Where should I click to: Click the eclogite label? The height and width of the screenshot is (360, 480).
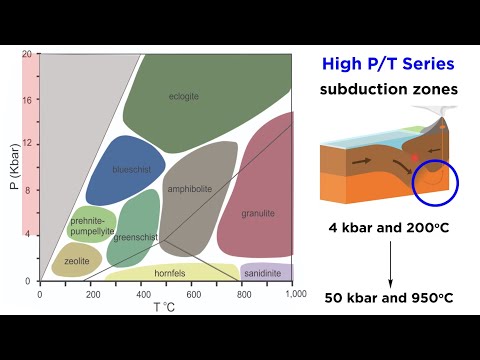click(x=184, y=97)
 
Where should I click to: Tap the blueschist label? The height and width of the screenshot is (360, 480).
click(x=132, y=169)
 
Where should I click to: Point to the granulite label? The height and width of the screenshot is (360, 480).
click(x=259, y=213)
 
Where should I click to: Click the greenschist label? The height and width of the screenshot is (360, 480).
click(x=133, y=238)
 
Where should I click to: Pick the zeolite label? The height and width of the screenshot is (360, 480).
click(x=78, y=261)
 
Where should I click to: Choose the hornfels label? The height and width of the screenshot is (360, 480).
click(x=170, y=273)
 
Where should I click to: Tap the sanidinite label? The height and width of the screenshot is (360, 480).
click(x=263, y=273)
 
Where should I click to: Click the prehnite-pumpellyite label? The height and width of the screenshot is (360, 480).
click(x=92, y=226)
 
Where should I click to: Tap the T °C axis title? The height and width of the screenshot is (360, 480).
click(x=167, y=308)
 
